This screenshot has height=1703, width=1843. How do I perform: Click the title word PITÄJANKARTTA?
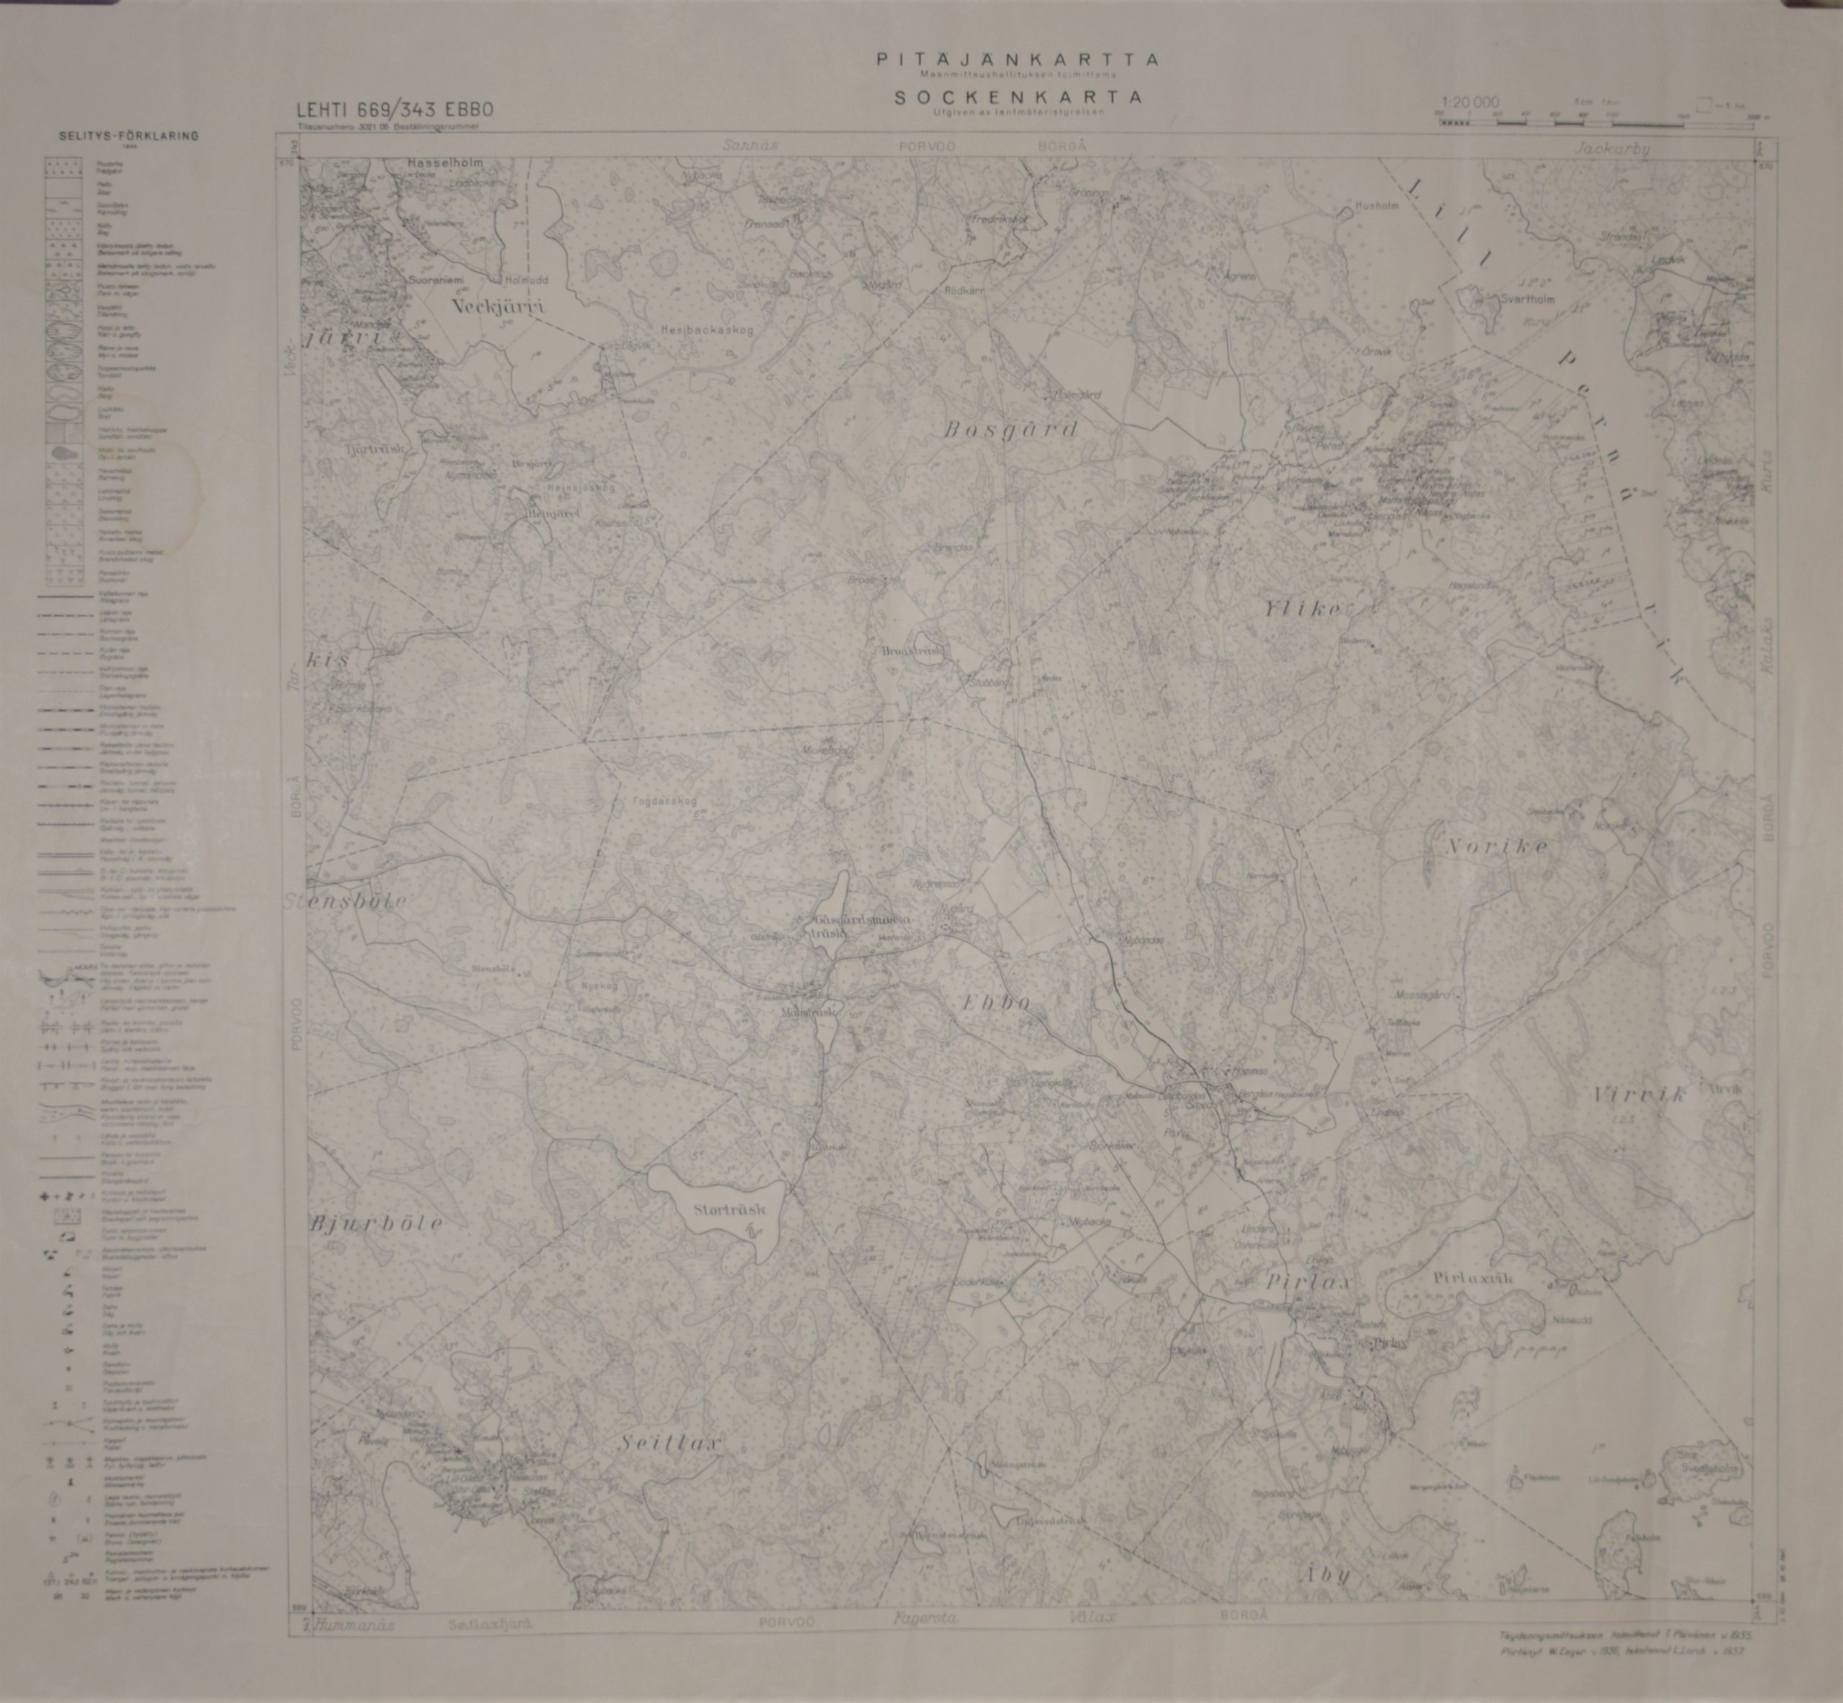click(1018, 60)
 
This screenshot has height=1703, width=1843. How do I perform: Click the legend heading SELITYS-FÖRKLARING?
click(128, 136)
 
